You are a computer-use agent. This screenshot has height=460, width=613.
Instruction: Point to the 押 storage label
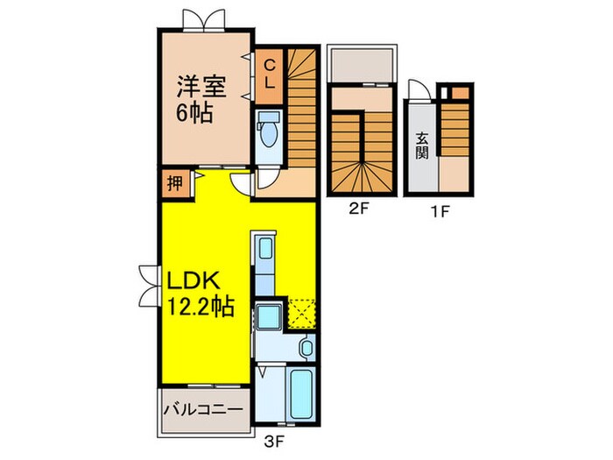[174, 185]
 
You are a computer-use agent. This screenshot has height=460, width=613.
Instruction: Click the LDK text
[198, 282]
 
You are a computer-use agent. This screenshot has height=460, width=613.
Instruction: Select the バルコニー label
[203, 409]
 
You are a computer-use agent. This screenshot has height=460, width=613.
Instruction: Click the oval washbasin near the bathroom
[304, 348]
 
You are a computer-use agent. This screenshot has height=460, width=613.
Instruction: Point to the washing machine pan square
[269, 316]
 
